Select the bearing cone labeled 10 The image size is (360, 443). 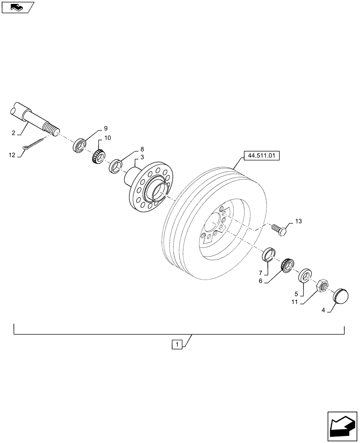click(99, 156)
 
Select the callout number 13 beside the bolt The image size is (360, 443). click(297, 221)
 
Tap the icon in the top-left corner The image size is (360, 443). click(17, 7)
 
